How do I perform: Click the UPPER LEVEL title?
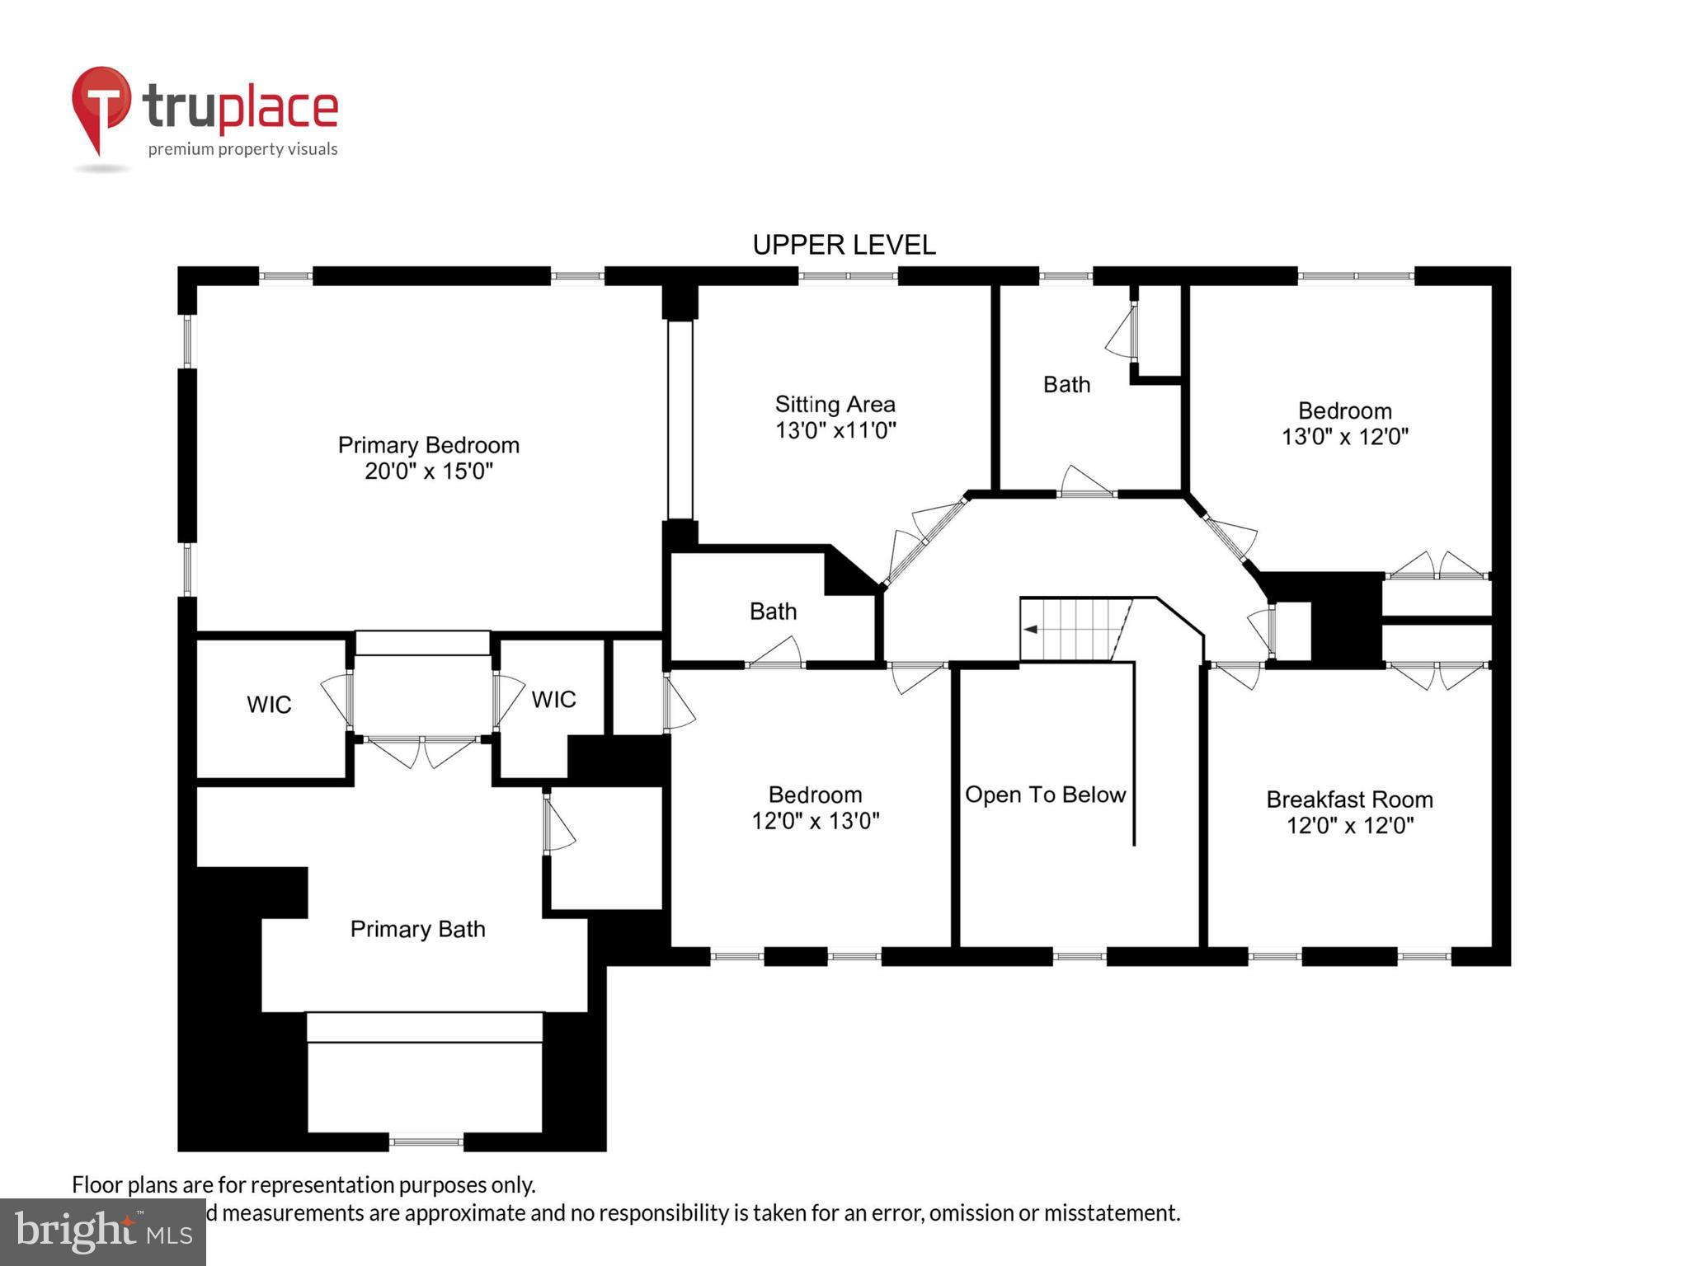click(844, 245)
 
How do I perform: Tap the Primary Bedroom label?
click(428, 445)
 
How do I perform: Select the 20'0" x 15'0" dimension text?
click(428, 471)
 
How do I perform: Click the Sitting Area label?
click(835, 404)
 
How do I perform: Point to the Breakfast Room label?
click(1349, 799)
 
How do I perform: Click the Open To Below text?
click(1045, 795)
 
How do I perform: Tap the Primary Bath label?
click(417, 929)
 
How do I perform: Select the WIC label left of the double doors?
click(269, 705)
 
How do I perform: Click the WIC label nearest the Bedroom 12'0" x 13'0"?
click(553, 700)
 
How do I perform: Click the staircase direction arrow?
click(1030, 630)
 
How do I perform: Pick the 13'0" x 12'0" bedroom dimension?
click(1344, 437)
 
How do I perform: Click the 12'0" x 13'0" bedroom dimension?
click(815, 821)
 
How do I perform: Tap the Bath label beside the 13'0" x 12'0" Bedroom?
click(1066, 385)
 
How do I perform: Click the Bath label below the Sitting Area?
click(773, 612)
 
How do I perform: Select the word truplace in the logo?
click(240, 107)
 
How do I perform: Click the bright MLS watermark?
click(103, 1232)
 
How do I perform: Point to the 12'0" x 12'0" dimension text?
click(1349, 825)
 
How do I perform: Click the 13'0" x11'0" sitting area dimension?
click(835, 430)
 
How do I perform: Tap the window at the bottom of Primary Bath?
click(426, 1142)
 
